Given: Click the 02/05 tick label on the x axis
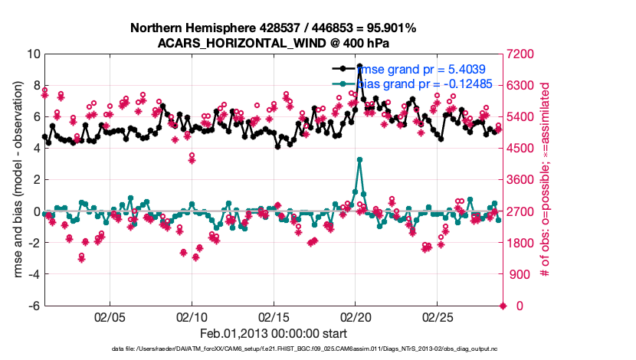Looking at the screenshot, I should click(x=110, y=316).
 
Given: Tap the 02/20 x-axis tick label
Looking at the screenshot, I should click(x=355, y=316).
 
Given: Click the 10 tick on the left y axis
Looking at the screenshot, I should click(x=34, y=54).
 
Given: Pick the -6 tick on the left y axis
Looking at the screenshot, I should click(x=34, y=306).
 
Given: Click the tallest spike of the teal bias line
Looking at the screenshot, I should click(x=359, y=159).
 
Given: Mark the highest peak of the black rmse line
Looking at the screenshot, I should click(x=359, y=67).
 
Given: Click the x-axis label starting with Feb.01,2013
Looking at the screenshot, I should click(x=273, y=334).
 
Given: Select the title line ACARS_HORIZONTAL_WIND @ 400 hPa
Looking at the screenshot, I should click(x=273, y=43).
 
